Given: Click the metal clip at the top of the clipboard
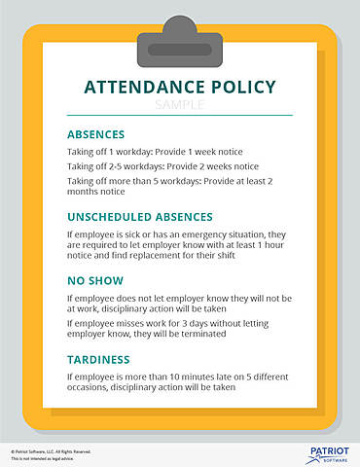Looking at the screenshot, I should (x=179, y=39).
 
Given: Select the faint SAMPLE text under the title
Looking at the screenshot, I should (x=179, y=103).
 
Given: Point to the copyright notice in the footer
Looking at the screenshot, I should (x=53, y=451).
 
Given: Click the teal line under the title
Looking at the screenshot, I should (x=179, y=116).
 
